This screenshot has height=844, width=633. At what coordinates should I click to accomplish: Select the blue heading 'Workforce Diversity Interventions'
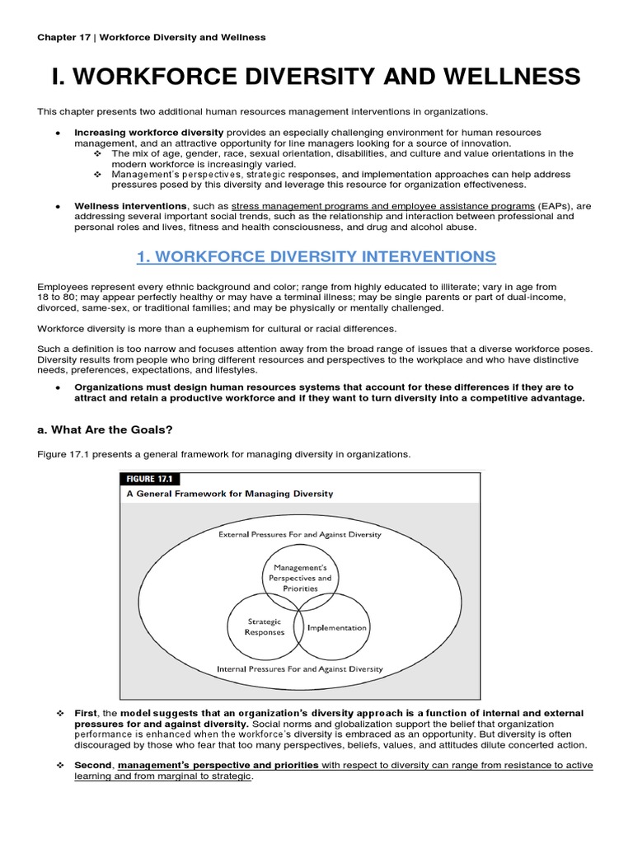(x=316, y=256)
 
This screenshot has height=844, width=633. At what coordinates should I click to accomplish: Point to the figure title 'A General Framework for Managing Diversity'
(x=229, y=494)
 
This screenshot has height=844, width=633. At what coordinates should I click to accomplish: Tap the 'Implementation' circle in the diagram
(x=335, y=628)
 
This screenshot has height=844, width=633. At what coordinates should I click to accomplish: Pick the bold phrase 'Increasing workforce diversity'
(x=149, y=132)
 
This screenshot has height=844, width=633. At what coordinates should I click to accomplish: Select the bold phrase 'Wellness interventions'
(x=130, y=205)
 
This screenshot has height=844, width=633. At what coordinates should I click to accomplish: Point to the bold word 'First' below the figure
(x=87, y=713)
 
